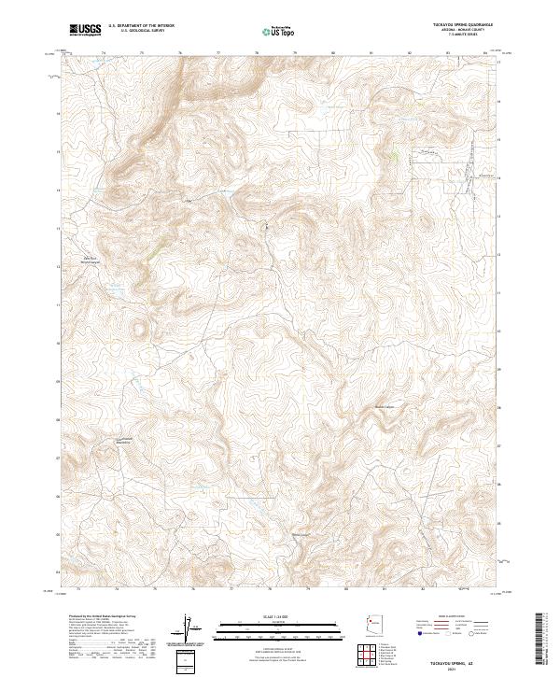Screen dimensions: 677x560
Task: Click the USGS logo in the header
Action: click(85, 30)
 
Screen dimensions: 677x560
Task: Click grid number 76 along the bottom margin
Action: click(192, 590)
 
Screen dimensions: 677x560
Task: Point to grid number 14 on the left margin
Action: click(59, 190)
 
